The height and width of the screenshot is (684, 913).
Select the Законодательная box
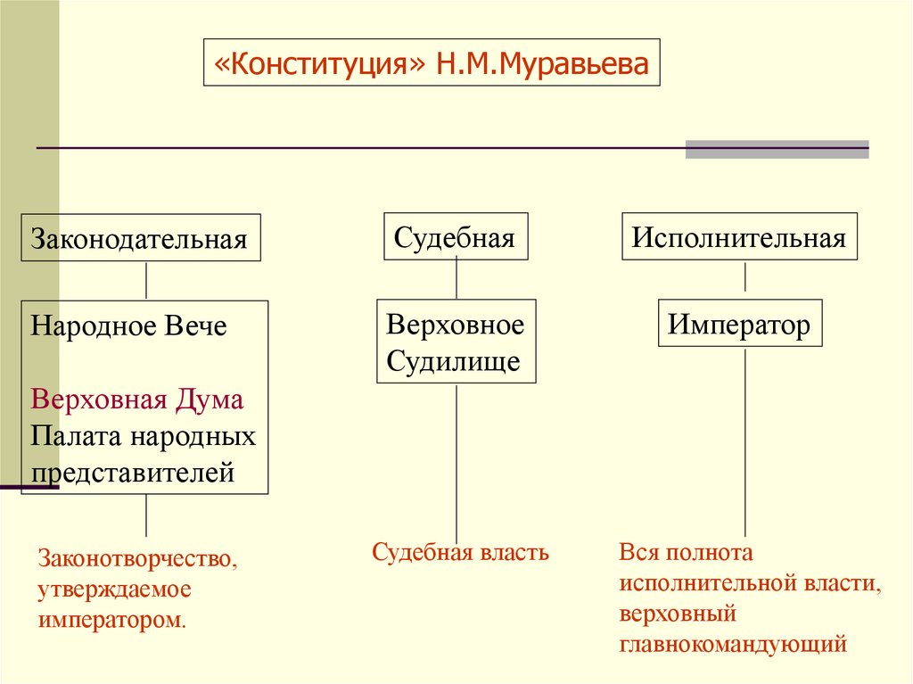coord(141,237)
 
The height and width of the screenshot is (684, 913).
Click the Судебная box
coord(456,236)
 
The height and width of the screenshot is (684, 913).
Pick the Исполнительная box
coord(739,236)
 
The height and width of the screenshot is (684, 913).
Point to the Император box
coord(740,325)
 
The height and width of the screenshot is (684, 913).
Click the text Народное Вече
coord(129,326)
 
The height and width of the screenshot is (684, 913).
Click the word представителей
coord(134,472)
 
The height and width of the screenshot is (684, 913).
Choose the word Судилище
coord(453,361)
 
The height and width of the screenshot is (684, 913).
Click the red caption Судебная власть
coord(460,552)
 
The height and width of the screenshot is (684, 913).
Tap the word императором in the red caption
coord(111,619)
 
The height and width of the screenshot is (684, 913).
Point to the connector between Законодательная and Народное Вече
coord(146,280)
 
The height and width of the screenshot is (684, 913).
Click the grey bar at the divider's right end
coord(777,149)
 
